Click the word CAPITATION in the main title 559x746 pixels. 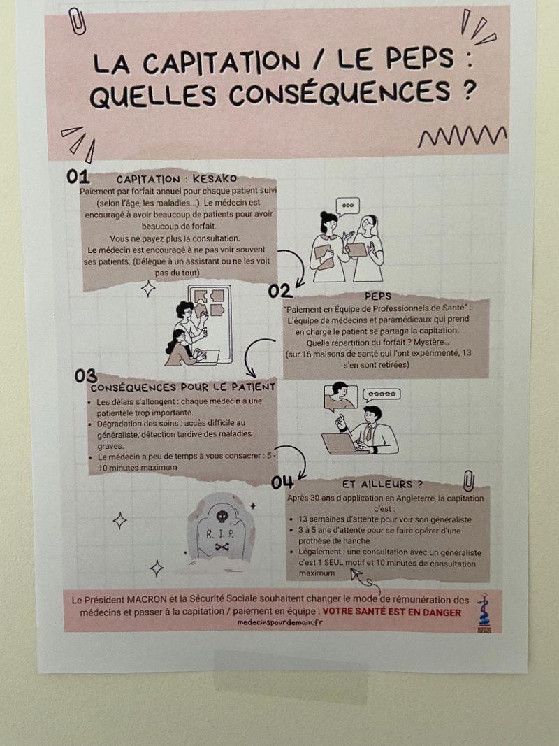click(221, 62)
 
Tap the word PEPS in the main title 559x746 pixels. click(420, 59)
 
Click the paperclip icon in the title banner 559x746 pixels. click(77, 21)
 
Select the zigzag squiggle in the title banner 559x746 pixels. click(462, 136)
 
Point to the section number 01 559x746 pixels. click(78, 176)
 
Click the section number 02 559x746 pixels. click(280, 291)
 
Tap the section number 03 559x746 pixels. click(85, 376)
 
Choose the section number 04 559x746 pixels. click(282, 482)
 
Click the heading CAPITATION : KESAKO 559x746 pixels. click(177, 180)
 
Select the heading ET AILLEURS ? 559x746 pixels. click(383, 485)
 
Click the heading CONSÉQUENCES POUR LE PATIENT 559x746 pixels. click(183, 387)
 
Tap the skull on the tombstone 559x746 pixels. click(222, 517)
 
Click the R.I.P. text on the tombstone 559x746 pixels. click(220, 534)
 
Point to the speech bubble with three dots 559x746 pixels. click(347, 206)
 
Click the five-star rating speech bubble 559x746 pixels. click(382, 395)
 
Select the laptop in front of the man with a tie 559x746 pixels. click(340, 443)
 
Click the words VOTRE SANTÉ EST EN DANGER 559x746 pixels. click(392, 612)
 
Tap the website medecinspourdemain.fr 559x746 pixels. click(280, 622)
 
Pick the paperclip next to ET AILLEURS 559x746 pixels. click(469, 481)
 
